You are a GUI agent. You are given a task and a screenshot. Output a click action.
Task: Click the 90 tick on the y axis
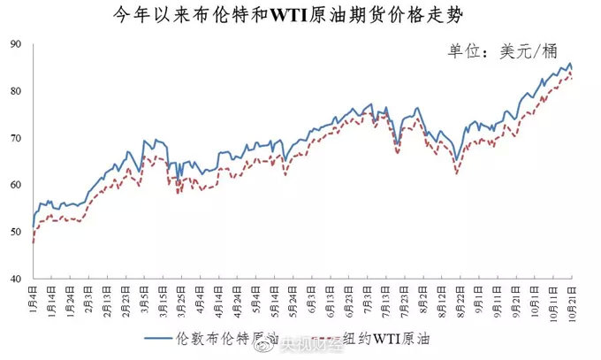coord(16,45)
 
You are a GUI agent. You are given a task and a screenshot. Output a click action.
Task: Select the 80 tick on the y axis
coord(16,92)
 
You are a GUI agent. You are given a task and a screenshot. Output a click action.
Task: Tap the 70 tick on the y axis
coord(16,139)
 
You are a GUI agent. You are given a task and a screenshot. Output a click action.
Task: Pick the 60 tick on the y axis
coord(16,185)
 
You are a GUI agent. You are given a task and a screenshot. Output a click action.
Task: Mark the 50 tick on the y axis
coord(16,232)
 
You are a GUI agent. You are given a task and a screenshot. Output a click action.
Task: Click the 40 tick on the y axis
coord(16,279)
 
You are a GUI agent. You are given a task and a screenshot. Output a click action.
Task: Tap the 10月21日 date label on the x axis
coord(572,299)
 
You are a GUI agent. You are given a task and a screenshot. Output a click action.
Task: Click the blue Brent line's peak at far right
coord(570,64)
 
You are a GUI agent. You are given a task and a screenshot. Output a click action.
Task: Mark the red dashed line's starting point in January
coord(33,242)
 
